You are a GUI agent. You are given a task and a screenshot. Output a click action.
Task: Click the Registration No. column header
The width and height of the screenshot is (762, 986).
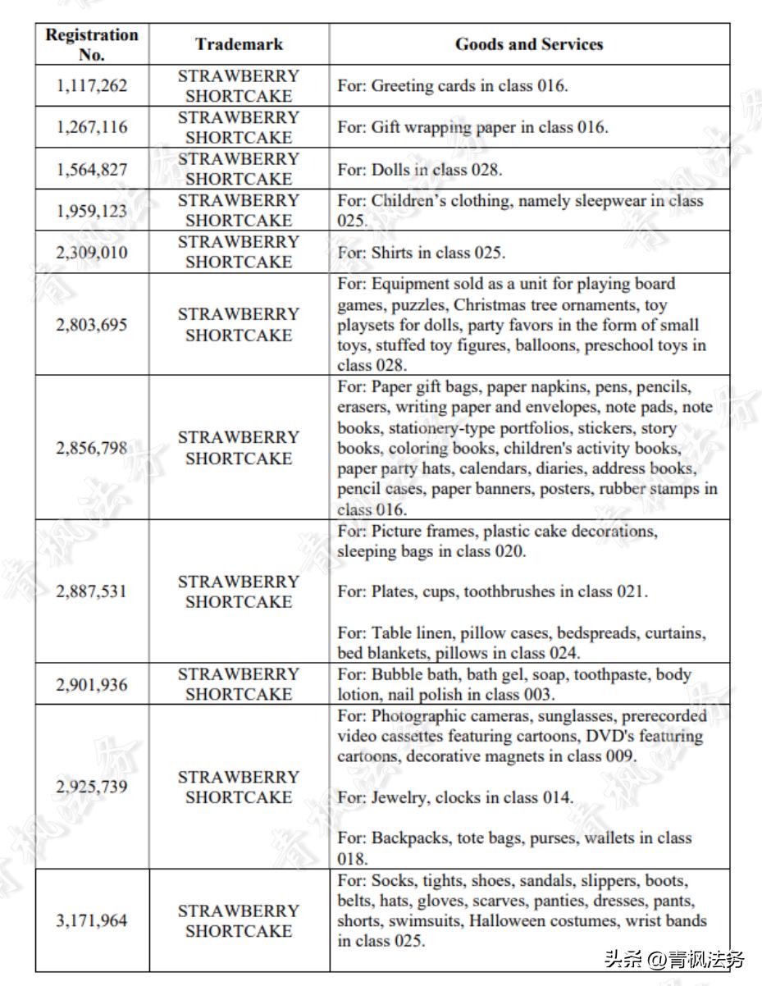click(92, 44)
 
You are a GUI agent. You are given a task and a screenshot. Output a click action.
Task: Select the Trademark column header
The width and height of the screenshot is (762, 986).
click(239, 44)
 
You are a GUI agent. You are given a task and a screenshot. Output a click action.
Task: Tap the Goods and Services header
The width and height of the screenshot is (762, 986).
click(529, 44)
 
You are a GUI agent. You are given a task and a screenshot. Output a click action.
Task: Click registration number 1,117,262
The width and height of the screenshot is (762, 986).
click(92, 85)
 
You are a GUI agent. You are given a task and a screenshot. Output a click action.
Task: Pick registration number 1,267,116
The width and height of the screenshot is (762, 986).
click(92, 127)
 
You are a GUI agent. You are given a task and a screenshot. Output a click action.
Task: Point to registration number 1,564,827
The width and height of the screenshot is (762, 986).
click(92, 169)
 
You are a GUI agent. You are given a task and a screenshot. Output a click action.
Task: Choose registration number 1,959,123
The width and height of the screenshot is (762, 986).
click(92, 211)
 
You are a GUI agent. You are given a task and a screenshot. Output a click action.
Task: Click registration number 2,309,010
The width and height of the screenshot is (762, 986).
click(92, 252)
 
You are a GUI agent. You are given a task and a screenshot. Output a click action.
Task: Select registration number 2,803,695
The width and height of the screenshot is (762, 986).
click(92, 325)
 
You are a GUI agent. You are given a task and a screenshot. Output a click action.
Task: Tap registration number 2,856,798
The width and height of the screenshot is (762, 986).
click(92, 448)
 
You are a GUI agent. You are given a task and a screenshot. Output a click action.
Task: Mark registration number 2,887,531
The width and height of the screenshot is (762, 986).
click(92, 591)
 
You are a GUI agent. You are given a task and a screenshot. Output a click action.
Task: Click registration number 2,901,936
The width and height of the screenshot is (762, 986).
click(92, 684)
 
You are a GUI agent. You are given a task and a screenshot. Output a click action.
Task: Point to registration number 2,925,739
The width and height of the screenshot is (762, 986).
click(92, 787)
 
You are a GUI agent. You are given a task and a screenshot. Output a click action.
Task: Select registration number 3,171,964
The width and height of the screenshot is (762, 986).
click(92, 920)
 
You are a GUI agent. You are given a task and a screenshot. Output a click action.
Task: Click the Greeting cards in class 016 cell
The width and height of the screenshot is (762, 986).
click(453, 85)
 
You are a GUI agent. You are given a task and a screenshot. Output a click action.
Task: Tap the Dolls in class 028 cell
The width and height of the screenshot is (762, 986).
click(420, 170)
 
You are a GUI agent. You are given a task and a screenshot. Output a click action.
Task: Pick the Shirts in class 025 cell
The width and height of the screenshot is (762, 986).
click(422, 253)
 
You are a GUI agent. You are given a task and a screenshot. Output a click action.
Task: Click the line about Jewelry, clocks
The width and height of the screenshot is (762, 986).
click(455, 797)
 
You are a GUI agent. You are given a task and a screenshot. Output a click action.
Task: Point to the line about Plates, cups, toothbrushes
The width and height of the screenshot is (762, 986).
click(492, 591)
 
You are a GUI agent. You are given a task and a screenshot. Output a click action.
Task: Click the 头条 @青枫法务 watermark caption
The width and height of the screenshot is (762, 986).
click(673, 958)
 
